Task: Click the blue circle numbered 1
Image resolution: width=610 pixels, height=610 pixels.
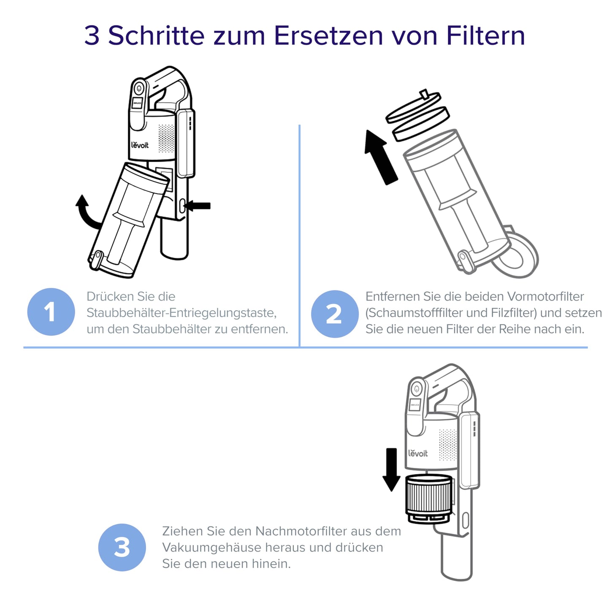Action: click(51, 312)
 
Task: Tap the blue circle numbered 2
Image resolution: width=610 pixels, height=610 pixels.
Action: click(334, 314)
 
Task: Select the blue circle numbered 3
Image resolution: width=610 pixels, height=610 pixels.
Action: click(122, 548)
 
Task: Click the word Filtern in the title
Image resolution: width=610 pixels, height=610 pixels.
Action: click(485, 35)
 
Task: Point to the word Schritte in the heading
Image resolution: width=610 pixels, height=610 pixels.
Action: click(157, 35)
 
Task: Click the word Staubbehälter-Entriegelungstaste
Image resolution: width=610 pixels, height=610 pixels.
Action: click(182, 313)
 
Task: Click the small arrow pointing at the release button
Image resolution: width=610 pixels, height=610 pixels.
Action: click(198, 206)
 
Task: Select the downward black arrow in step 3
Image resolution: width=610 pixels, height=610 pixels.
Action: click(391, 469)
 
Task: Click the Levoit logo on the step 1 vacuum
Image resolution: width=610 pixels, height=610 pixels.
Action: click(140, 145)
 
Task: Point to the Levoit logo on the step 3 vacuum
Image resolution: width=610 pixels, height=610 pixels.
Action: click(418, 453)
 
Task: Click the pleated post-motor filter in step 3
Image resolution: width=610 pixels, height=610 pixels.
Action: click(428, 496)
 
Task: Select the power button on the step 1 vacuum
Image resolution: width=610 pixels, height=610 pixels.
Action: click(138, 89)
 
